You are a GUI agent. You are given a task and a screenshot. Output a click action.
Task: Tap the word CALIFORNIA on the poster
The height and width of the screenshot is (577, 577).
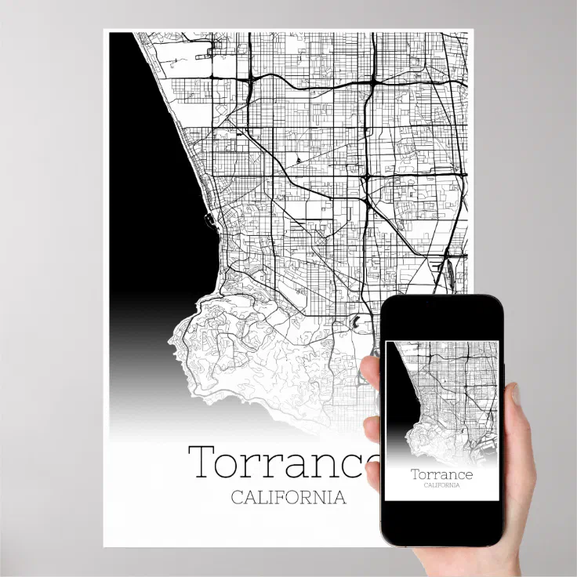click(x=288, y=497)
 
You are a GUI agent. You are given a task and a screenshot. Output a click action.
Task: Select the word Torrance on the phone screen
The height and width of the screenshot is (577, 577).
click(x=441, y=474)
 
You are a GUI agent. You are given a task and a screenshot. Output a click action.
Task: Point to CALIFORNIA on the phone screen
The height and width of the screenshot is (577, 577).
click(x=441, y=485)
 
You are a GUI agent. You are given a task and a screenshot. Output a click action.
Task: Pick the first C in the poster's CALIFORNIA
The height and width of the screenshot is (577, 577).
click(x=237, y=497)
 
